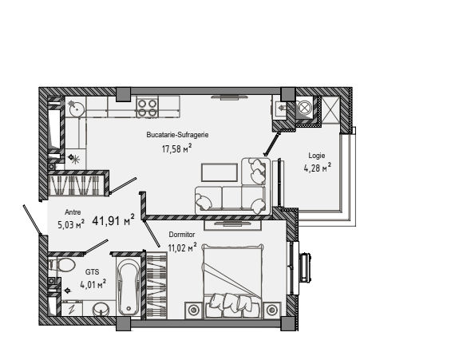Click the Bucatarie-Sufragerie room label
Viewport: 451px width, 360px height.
177,135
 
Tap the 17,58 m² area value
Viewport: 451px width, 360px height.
176,149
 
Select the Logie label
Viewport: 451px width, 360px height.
317,156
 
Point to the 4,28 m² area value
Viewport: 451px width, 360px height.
317,168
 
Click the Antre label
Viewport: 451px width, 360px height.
73,212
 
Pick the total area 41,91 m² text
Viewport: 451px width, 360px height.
113,220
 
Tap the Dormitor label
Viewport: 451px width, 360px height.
182,235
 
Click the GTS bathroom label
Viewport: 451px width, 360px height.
93,271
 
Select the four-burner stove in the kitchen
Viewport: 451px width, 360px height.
147,108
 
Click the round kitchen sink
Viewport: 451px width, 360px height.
76,108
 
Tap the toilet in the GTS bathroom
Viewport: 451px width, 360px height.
63,264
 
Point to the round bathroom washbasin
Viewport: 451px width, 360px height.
101,309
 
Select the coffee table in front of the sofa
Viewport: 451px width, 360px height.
220,172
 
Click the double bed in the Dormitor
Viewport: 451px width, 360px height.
232,281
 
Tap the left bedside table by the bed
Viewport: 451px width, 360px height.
194,310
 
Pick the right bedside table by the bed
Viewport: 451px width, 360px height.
271,310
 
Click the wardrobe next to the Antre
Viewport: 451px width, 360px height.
78,185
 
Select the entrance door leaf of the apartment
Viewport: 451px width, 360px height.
33,219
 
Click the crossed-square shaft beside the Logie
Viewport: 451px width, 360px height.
330,109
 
